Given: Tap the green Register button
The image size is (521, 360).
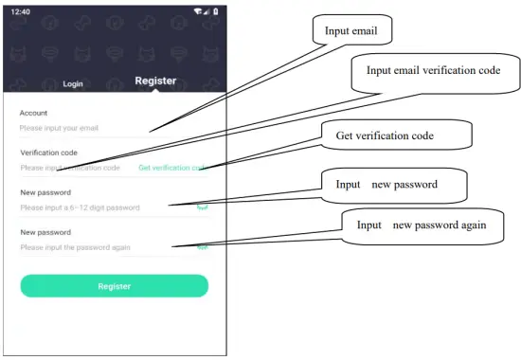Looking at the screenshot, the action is tap(114, 286).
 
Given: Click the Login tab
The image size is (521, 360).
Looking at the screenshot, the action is tap(73, 84).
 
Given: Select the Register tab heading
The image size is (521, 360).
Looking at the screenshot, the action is tap(155, 81).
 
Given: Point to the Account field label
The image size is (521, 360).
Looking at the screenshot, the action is tap(33, 113).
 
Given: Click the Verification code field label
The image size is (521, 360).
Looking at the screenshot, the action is tap(49, 153).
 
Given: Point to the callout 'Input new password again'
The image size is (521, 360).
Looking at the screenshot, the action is tap(422, 226).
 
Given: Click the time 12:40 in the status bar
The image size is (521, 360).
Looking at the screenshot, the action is tap(21, 10).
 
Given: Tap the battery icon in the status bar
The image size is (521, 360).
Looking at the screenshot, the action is tap(215, 10).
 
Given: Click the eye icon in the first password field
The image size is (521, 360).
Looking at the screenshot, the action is tap(202, 207).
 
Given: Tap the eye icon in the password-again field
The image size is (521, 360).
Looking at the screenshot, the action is tap(202, 246).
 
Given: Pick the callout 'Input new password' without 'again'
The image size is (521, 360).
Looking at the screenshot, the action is tap(394, 185).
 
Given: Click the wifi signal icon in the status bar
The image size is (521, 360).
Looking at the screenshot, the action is tap(196, 10).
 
